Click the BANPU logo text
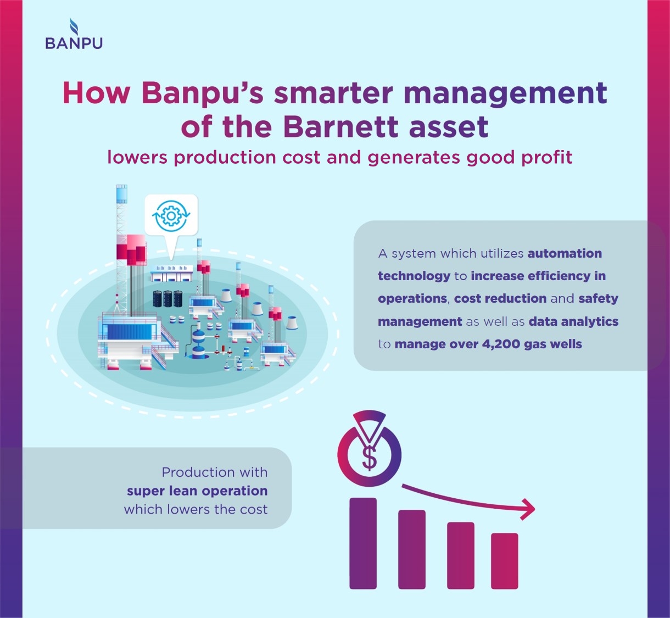point(74,43)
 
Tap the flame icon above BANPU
point(74,26)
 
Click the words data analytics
point(573,322)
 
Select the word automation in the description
point(565,253)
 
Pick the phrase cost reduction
point(500,299)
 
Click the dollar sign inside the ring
point(370,458)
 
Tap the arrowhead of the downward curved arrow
point(528,509)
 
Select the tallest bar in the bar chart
point(363,543)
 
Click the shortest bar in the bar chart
point(504,561)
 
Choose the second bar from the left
point(412,549)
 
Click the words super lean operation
point(197,491)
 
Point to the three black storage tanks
point(168,299)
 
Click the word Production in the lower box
point(199,472)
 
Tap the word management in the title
point(505,94)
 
